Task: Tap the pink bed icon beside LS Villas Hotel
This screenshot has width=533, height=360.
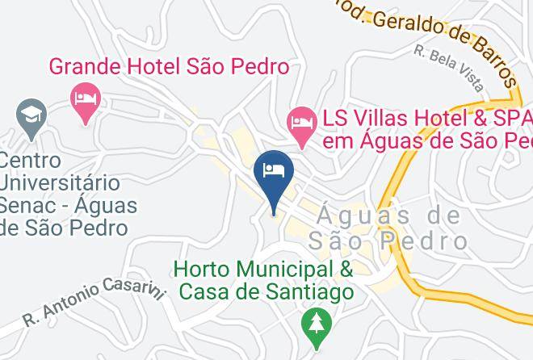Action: click(303, 123)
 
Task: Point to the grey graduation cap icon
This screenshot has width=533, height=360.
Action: click(32, 115)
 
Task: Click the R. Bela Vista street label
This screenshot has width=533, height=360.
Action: click(449, 66)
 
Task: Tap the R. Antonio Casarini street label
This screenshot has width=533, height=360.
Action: click(93, 303)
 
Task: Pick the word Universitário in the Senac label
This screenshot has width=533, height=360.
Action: click(60, 183)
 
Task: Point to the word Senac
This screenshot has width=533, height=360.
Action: click(31, 206)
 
